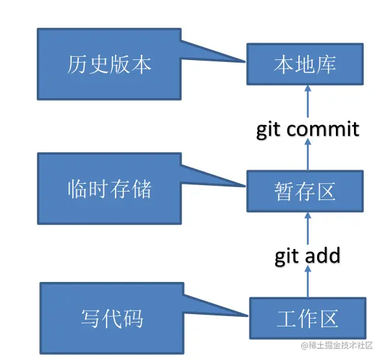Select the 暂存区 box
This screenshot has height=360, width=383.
pos(305,192)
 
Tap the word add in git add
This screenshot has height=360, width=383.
pos(320,255)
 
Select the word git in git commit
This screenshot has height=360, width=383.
pos(269,129)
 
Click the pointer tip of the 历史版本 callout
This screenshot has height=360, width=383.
pos(246,60)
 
